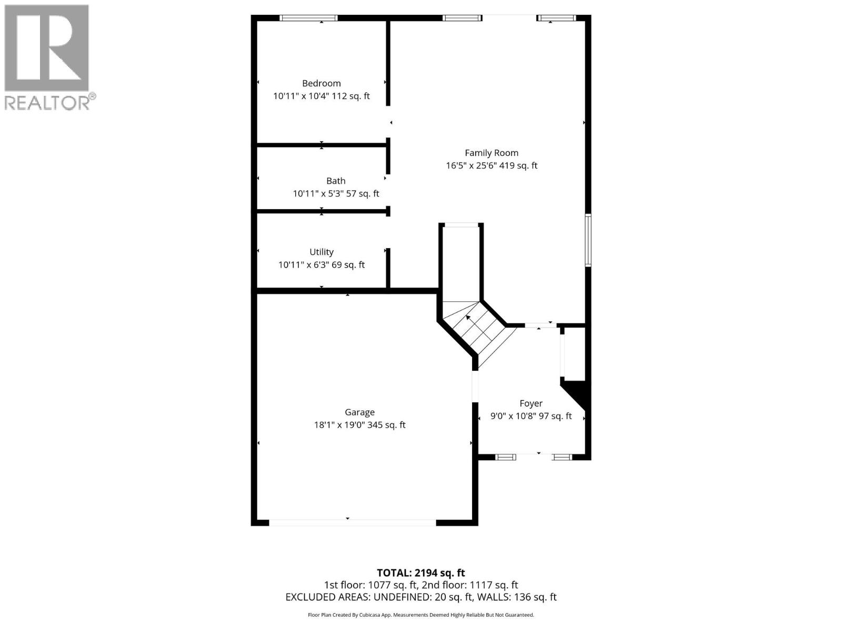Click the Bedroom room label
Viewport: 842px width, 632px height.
pyautogui.click(x=321, y=83)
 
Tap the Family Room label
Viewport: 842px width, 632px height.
pyautogui.click(x=491, y=153)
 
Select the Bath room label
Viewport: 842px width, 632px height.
pyautogui.click(x=336, y=181)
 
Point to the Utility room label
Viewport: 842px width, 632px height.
pyautogui.click(x=321, y=252)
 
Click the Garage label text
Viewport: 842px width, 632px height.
pyautogui.click(x=359, y=412)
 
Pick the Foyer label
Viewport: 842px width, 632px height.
pyautogui.click(x=530, y=403)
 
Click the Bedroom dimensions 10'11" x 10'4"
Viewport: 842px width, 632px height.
pyautogui.click(x=300, y=96)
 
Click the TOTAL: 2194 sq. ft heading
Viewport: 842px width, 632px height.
pyautogui.click(x=420, y=572)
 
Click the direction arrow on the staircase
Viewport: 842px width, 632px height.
pyautogui.click(x=468, y=318)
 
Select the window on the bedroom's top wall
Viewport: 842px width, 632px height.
pyautogui.click(x=308, y=18)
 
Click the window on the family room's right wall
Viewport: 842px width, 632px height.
pyautogui.click(x=588, y=240)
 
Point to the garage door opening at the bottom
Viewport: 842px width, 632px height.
pyautogui.click(x=352, y=522)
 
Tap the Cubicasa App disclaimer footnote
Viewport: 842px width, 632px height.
pyautogui.click(x=420, y=615)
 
